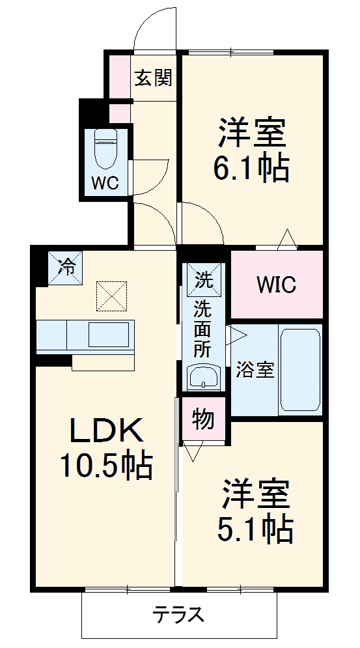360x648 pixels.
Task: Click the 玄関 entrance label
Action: click(154, 79)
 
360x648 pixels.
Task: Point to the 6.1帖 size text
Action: click(251, 169)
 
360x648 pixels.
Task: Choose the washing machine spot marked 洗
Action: click(204, 281)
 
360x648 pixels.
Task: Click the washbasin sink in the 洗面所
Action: click(204, 376)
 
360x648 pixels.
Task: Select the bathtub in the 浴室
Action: click(299, 370)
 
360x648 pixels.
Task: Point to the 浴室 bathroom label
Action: click(255, 370)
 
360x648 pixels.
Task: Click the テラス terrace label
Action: click(179, 614)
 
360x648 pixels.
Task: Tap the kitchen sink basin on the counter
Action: click(109, 335)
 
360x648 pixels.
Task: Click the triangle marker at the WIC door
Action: click(287, 240)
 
